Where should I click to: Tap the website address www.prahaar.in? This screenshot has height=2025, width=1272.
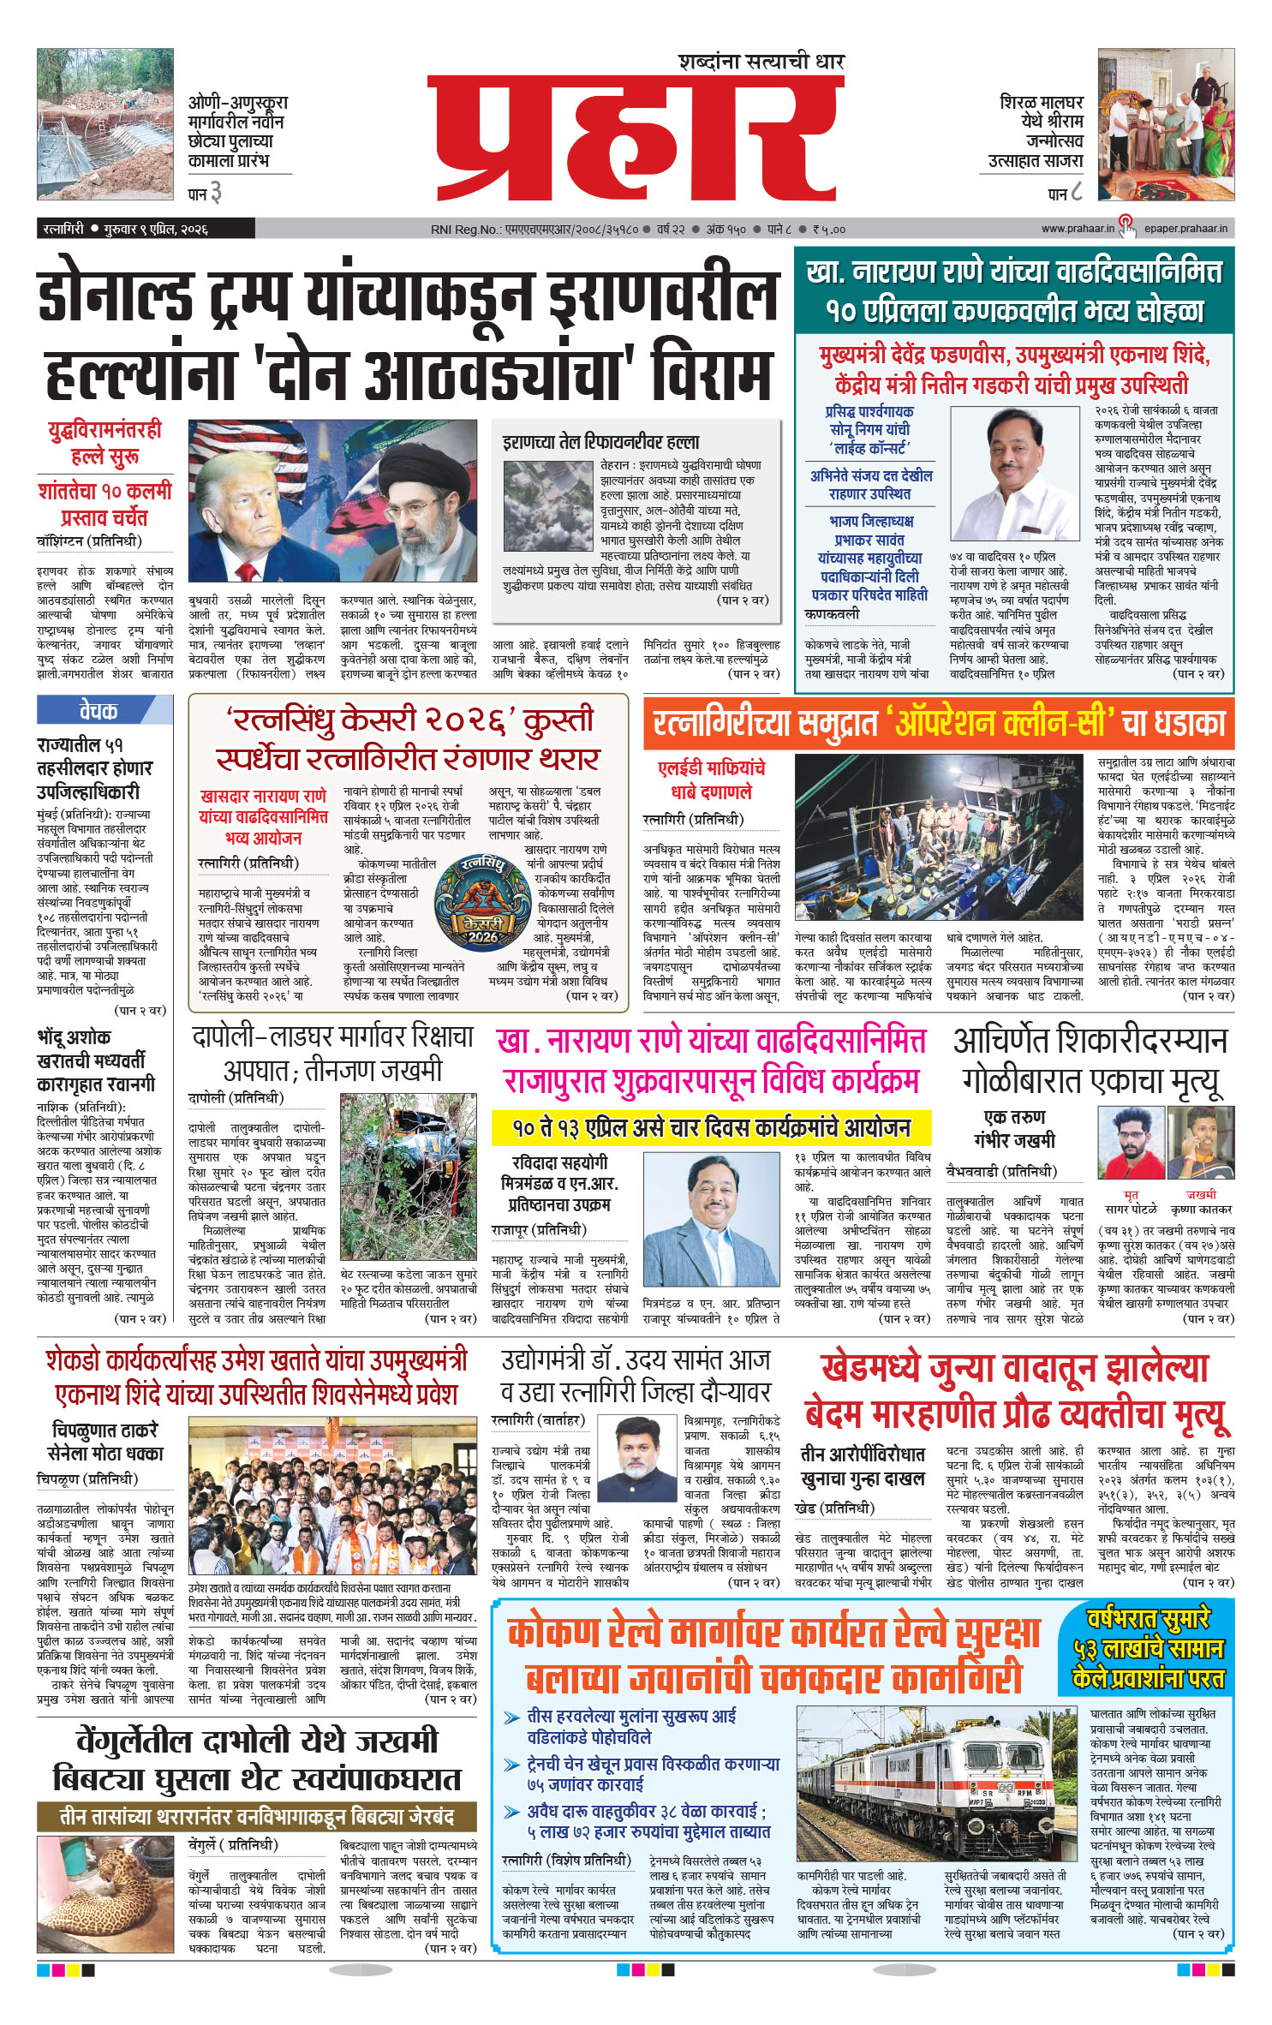(1077, 229)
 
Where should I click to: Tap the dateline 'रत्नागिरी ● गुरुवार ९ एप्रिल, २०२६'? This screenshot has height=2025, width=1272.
(126, 229)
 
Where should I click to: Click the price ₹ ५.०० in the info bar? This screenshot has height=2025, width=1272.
(828, 229)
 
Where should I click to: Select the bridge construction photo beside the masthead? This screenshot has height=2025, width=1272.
(105, 123)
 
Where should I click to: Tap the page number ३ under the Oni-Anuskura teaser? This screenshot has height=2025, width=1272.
(215, 194)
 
